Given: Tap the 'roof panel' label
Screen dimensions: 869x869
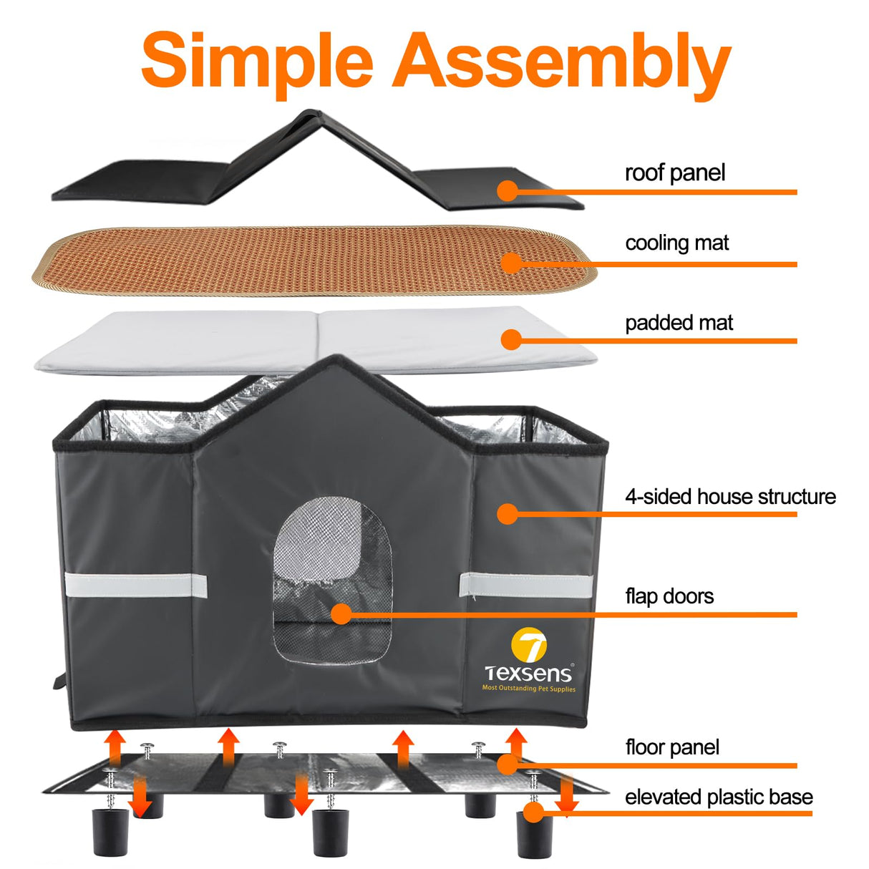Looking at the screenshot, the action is coord(674,173).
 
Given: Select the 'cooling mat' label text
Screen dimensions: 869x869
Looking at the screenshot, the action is coord(677,243).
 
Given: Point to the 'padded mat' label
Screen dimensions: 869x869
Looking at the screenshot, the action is coord(679,323).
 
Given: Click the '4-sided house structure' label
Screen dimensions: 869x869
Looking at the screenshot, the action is coord(730,497).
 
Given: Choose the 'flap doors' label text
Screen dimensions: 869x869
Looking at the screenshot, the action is coord(669,596).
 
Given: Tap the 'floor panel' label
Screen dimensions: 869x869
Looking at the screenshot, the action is coord(672,748).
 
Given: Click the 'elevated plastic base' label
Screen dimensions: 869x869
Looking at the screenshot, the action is coord(719,797).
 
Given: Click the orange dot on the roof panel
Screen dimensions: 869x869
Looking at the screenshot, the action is coord(508,190).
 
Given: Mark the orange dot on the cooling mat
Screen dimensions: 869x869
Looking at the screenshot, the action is coord(511,263).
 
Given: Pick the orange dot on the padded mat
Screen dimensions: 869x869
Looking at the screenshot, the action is coord(511,339).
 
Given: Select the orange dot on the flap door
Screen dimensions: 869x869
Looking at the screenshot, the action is coord(341,614).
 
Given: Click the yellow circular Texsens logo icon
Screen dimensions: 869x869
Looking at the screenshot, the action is coord(529,645).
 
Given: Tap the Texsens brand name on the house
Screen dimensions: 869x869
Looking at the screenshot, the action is coord(528,674).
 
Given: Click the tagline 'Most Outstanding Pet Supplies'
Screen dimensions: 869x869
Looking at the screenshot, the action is coord(529,689).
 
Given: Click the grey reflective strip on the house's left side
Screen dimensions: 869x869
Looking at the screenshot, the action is coord(136,586).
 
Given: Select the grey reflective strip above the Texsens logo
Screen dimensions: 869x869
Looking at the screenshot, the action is coord(526,586).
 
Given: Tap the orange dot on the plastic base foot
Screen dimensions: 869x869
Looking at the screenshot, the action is coord(534,812).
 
